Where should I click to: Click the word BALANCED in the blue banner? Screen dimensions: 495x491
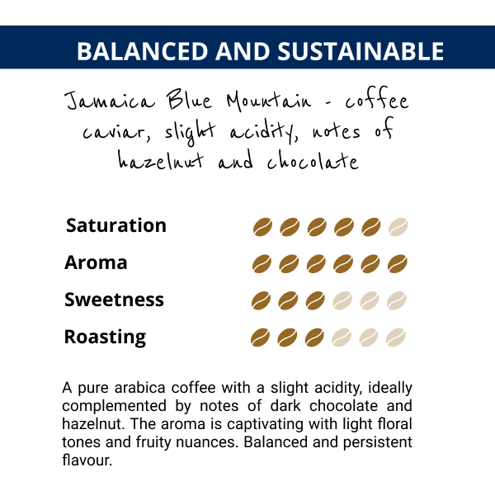click(143, 51)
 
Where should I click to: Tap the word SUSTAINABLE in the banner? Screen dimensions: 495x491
click(361, 51)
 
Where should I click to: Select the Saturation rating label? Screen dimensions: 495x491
click(115, 225)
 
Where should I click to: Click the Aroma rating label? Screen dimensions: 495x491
click(96, 262)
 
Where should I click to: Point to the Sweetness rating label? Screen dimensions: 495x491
click(114, 300)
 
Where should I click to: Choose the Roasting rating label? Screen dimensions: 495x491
click(105, 338)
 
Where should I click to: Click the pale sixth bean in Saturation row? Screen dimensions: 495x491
click(398, 227)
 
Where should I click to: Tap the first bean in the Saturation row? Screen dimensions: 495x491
click(262, 227)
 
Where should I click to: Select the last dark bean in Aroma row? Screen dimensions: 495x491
click(397, 264)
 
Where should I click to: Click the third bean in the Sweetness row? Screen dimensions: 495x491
click(315, 300)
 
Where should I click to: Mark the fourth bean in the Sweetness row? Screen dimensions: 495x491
click(342, 300)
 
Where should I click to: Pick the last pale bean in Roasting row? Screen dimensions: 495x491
click(395, 338)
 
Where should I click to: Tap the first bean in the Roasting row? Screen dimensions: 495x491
click(260, 338)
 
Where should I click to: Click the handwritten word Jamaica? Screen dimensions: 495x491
click(110, 101)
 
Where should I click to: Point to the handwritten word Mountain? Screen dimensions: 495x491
click(269, 101)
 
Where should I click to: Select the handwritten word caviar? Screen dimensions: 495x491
click(116, 132)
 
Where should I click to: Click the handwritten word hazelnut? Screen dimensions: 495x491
click(161, 160)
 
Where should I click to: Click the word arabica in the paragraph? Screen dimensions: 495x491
click(139, 387)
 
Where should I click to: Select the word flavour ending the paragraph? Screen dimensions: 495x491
click(87, 460)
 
